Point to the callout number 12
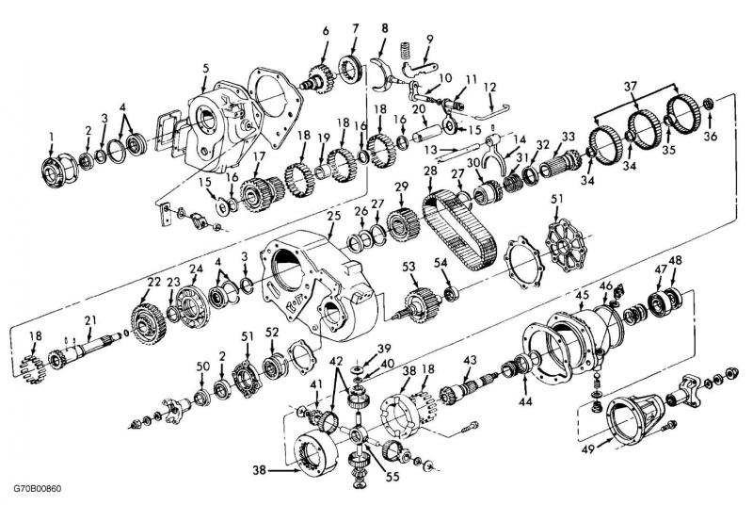(489, 86)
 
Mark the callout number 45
(583, 295)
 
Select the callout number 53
(409, 269)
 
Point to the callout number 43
(470, 359)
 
